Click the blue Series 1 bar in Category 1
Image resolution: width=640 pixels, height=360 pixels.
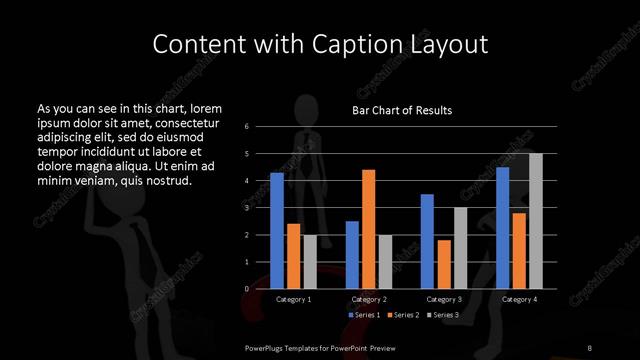pyautogui.click(x=277, y=231)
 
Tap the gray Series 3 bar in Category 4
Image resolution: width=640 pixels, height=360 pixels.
pyautogui.click(x=535, y=221)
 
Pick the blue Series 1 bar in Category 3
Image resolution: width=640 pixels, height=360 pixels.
pyautogui.click(x=427, y=241)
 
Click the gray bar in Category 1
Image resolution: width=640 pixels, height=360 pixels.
pyautogui.click(x=310, y=261)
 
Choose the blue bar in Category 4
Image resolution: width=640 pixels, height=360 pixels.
pyautogui.click(x=502, y=228)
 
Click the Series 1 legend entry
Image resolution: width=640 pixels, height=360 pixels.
pyautogui.click(x=365, y=315)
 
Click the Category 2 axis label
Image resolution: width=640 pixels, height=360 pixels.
pyautogui.click(x=368, y=299)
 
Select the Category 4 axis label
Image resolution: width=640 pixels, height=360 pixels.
pyautogui.click(x=518, y=299)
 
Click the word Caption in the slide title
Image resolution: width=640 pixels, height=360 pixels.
pyautogui.click(x=340, y=44)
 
